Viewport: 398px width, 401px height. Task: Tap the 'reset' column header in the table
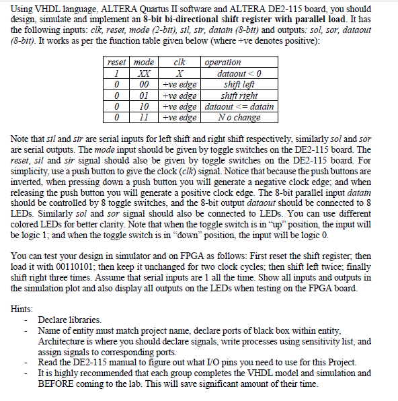(x=118, y=63)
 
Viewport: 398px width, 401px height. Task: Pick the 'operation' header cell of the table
(x=223, y=63)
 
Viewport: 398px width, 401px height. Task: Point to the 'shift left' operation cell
(x=240, y=84)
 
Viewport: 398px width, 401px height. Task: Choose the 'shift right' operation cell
(x=240, y=96)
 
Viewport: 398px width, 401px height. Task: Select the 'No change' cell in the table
(x=240, y=117)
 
